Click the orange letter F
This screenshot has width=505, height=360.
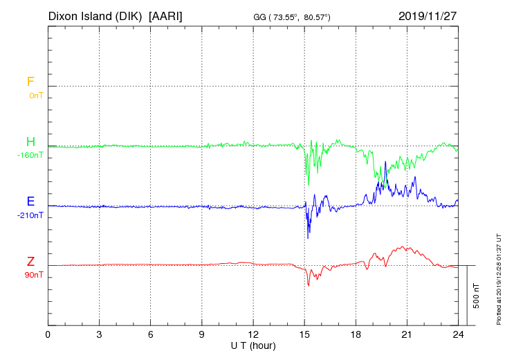tap(30, 82)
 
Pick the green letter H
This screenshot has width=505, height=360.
tap(30, 142)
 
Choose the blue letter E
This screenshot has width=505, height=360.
tap(30, 201)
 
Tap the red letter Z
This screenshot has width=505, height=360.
tap(30, 261)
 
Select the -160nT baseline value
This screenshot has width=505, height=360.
tap(30, 155)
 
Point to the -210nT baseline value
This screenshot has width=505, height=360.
tap(30, 215)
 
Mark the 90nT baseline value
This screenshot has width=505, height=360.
tap(33, 275)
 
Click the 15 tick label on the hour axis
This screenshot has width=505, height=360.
tap(304, 335)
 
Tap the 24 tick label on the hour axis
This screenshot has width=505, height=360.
tap(457, 335)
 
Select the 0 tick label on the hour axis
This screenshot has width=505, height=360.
tap(48, 335)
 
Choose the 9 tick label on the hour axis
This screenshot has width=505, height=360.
tap(202, 335)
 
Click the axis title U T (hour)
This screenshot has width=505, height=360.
tap(252, 345)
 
